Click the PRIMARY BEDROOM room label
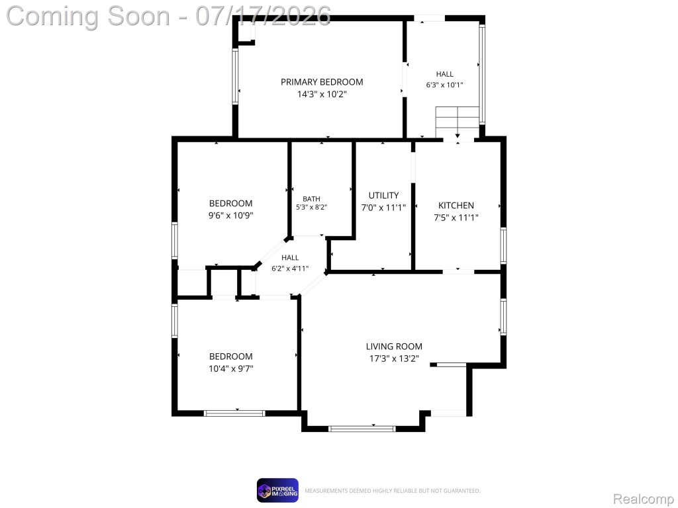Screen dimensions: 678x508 point(322,82)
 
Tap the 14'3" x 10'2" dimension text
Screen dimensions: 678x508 point(322,94)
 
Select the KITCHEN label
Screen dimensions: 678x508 point(456,206)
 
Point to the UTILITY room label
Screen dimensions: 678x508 point(383,195)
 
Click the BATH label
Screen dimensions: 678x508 point(311,198)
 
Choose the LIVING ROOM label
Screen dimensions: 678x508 point(394,347)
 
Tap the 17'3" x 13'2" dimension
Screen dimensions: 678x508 point(394,359)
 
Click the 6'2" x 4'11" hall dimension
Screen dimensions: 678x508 point(290,269)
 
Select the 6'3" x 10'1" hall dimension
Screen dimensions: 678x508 point(444,85)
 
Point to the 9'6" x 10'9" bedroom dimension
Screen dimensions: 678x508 point(230,215)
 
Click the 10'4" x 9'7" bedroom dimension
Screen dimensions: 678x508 point(231,368)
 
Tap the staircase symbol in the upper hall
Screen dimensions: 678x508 point(458,122)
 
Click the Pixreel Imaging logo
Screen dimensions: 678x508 point(277,490)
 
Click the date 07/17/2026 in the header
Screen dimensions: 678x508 point(264,16)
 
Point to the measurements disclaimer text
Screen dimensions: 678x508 point(393,491)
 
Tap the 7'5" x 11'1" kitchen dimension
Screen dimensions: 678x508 point(456,218)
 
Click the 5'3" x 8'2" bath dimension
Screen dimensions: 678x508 point(311,207)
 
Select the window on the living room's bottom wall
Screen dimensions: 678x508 point(362,429)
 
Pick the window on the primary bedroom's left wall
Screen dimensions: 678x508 point(235,76)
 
